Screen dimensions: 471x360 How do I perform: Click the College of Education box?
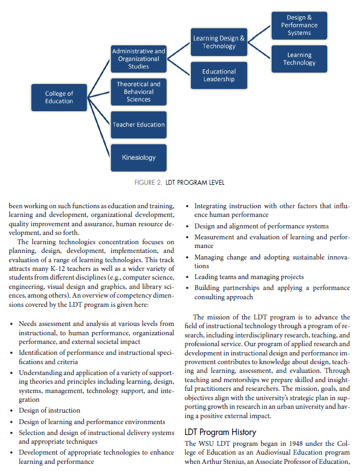59,97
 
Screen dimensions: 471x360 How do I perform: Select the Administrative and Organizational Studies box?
139,59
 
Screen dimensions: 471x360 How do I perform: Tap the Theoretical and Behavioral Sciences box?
139,92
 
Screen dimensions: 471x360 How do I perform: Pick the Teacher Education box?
139,125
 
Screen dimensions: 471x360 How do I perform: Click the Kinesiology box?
139,158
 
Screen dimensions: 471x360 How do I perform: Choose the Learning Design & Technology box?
219,42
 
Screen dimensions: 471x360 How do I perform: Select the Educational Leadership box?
219,75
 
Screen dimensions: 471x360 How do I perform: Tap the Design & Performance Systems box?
299,26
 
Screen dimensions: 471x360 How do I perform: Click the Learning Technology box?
299,59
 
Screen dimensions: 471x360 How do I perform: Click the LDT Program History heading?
220,432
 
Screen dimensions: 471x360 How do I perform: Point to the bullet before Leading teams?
187,277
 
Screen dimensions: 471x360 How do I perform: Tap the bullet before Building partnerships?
187,288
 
